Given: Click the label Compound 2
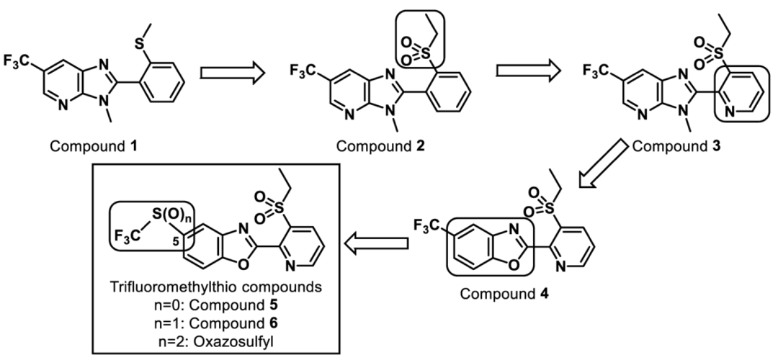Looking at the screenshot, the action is [381, 146].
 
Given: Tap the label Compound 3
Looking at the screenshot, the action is [677, 146].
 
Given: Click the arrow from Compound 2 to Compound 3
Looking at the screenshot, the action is [529, 70].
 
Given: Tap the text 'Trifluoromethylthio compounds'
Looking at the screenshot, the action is [215, 287].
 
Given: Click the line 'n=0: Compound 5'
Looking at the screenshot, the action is [215, 305].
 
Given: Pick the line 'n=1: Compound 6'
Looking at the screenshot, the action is [215, 323].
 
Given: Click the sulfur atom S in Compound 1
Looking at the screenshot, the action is [140, 44].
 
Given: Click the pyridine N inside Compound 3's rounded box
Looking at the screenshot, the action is [729, 112].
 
